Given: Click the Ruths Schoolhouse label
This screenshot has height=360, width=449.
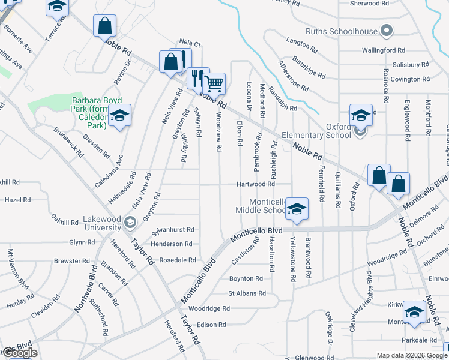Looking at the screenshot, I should click(x=341, y=31).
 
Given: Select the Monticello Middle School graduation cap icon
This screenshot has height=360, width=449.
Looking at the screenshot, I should click(x=297, y=209).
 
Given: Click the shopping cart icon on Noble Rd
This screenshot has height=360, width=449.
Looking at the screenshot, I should click(x=214, y=83).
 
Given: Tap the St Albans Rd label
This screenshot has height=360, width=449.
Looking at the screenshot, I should click(x=246, y=293).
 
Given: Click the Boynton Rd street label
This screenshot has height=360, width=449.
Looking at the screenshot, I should click(x=246, y=278).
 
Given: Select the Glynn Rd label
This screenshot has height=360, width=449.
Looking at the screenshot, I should click(x=78, y=242).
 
